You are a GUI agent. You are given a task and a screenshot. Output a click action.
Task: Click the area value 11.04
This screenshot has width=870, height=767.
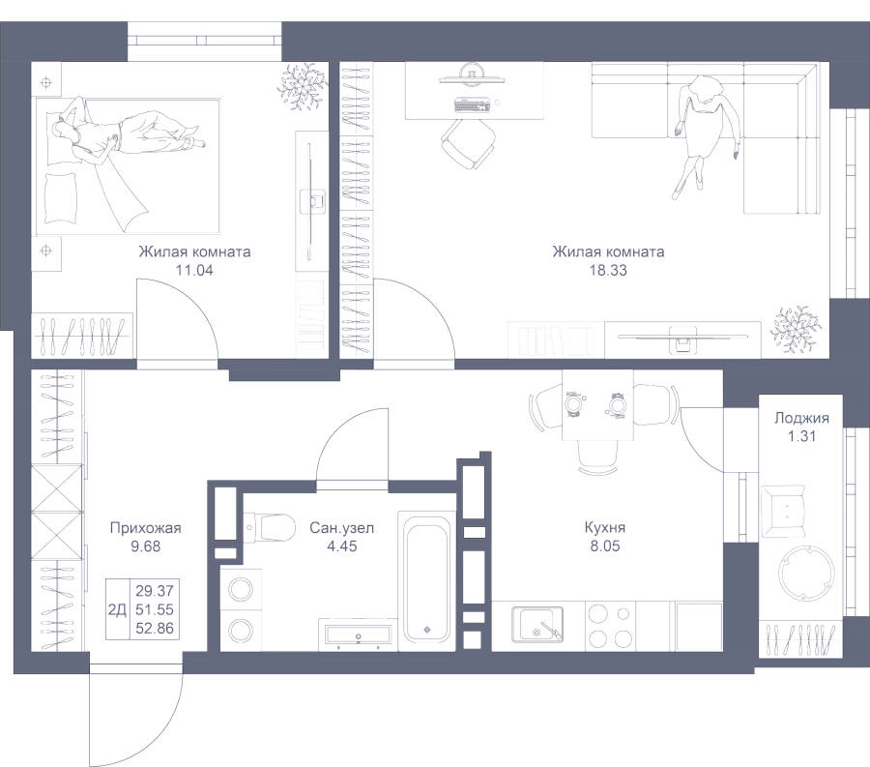click(x=193, y=271)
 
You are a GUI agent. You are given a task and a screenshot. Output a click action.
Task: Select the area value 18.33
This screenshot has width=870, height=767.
click(x=608, y=271)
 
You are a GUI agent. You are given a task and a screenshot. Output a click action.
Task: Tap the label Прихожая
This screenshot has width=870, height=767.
click(x=145, y=528)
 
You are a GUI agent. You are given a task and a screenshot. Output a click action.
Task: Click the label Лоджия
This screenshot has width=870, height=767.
click(x=801, y=419)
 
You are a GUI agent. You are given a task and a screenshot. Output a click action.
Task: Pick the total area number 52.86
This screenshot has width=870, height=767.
click(x=154, y=626)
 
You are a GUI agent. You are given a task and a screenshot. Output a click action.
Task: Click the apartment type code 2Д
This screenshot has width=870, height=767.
click(x=117, y=608)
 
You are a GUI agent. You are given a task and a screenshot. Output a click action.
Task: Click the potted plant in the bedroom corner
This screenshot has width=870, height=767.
click(x=301, y=86)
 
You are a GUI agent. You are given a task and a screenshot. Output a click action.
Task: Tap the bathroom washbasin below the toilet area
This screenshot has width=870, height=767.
click(x=357, y=634)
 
